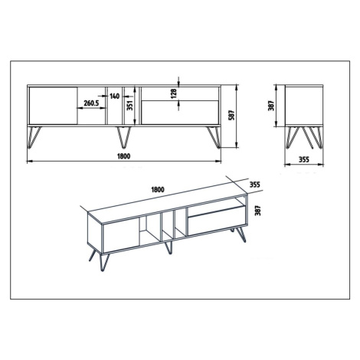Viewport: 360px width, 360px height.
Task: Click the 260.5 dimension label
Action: (91, 103)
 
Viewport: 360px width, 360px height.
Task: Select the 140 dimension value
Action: (115, 97)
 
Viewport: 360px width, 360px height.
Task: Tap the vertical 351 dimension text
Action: (130, 105)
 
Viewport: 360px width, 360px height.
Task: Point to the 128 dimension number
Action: (174, 93)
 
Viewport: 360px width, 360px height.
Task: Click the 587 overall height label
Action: (232, 116)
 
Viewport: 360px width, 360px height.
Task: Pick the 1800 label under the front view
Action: (124, 156)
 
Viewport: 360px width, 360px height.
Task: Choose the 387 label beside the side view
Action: (271, 106)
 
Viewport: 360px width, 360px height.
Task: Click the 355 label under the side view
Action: (304, 159)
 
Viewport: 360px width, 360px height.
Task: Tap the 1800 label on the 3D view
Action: (158, 189)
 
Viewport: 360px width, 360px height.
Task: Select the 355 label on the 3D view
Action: (254, 185)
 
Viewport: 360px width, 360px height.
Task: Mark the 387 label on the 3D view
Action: (258, 211)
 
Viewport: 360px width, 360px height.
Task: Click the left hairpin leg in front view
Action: (34, 137)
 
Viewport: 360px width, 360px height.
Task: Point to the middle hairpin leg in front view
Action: (124, 137)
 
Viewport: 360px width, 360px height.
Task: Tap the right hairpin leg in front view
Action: (214, 137)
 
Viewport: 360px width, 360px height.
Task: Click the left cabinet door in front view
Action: (53, 106)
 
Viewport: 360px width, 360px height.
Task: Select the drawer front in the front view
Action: (180, 113)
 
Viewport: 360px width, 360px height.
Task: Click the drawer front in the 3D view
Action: (215, 221)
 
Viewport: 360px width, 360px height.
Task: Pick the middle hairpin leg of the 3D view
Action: (169, 247)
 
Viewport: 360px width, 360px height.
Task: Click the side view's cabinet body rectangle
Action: (304, 106)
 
